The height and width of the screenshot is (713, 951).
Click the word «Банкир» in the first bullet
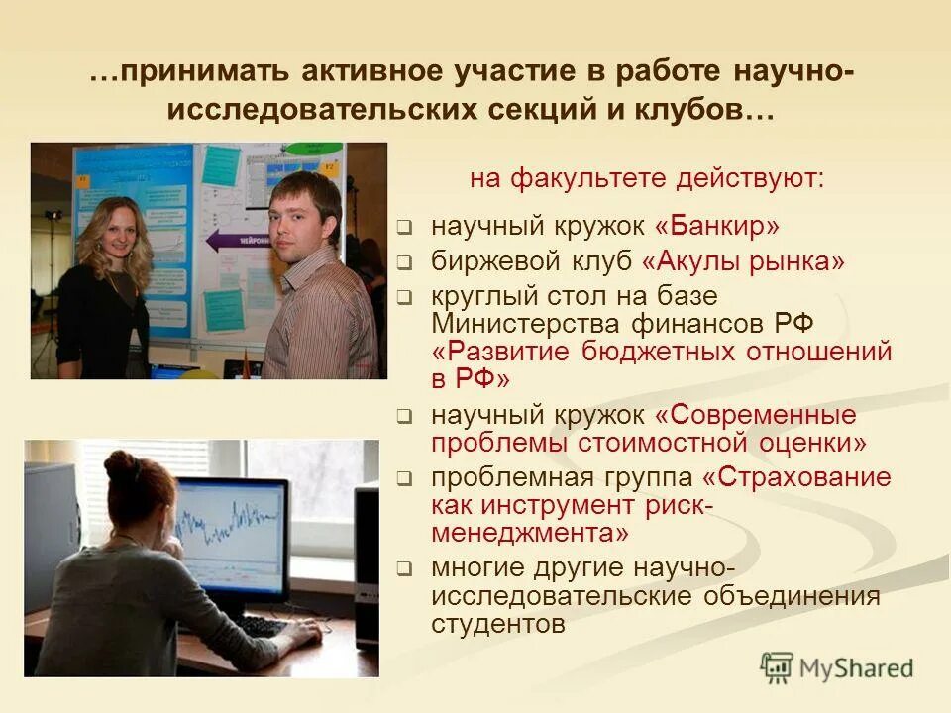point(724,227)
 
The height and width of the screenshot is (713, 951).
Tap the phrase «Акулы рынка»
point(744,261)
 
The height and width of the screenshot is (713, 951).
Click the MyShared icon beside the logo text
point(778,668)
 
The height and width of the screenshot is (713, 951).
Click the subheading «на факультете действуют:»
point(646,180)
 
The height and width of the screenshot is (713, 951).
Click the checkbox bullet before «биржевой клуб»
point(404,263)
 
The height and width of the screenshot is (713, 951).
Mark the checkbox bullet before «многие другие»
point(404,570)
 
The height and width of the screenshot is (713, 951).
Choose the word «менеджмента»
point(530,533)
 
